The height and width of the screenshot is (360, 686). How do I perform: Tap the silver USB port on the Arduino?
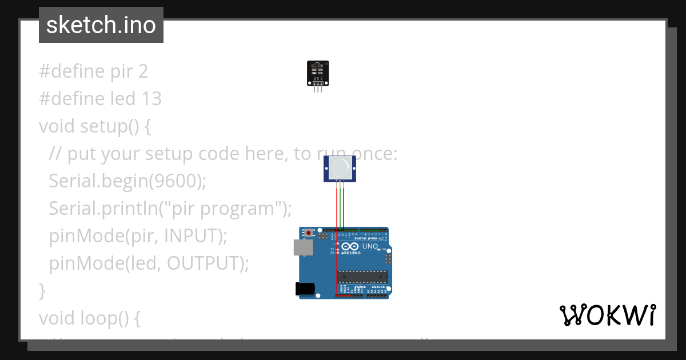click(x=304, y=247)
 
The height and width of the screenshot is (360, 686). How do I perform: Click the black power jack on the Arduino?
click(x=305, y=289)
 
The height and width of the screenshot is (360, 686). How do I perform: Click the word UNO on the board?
click(x=370, y=246)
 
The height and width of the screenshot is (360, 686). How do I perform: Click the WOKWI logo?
click(x=607, y=315)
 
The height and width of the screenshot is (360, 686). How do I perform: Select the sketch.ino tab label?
click(x=101, y=25)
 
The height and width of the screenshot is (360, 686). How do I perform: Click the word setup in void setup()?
click(x=103, y=126)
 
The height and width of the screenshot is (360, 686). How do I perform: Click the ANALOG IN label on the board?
click(x=379, y=287)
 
